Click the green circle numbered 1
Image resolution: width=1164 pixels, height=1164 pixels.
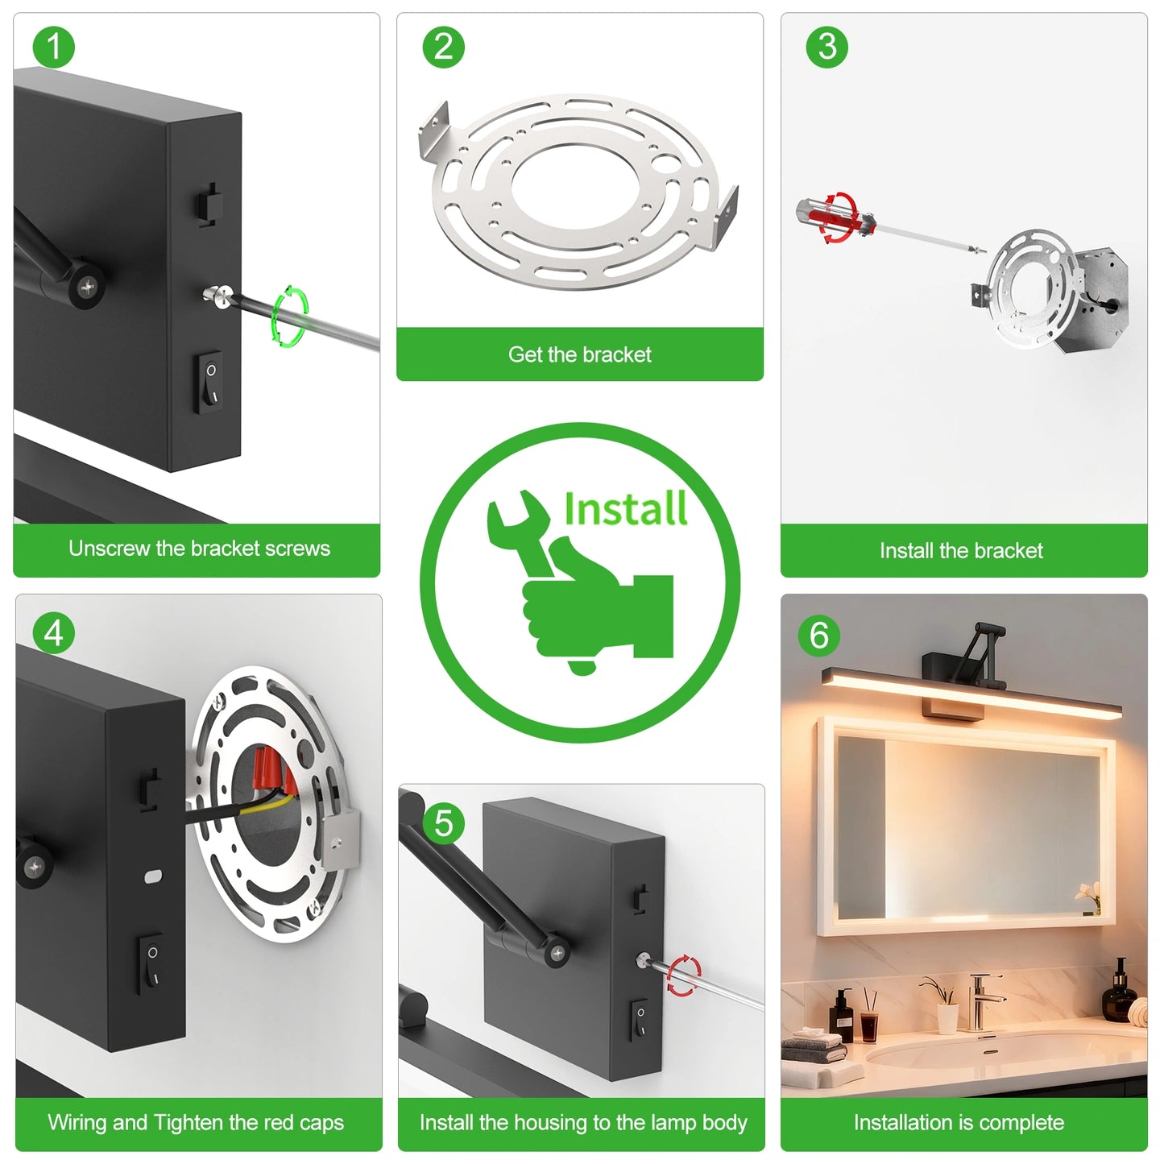(53, 47)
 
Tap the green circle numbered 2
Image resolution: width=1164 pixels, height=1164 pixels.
(443, 47)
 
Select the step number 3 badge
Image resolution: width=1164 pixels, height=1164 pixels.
(826, 47)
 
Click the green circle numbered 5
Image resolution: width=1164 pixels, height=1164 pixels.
(443, 823)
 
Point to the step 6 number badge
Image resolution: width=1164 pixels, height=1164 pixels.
(818, 636)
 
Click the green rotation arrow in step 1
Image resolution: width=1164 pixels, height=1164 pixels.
(290, 316)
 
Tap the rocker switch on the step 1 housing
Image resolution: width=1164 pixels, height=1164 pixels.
(211, 382)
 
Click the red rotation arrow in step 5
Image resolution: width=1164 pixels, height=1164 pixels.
(683, 975)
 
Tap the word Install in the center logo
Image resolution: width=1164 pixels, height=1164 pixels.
(625, 509)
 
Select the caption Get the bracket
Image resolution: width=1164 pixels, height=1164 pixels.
(579, 354)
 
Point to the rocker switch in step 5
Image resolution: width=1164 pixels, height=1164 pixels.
(640, 1020)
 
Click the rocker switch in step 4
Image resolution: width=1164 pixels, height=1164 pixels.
(151, 963)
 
